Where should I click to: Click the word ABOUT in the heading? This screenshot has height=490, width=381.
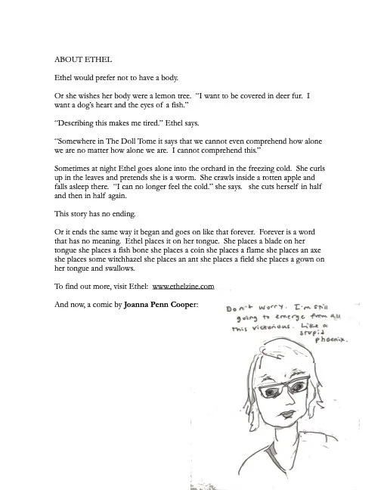tap(68, 57)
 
